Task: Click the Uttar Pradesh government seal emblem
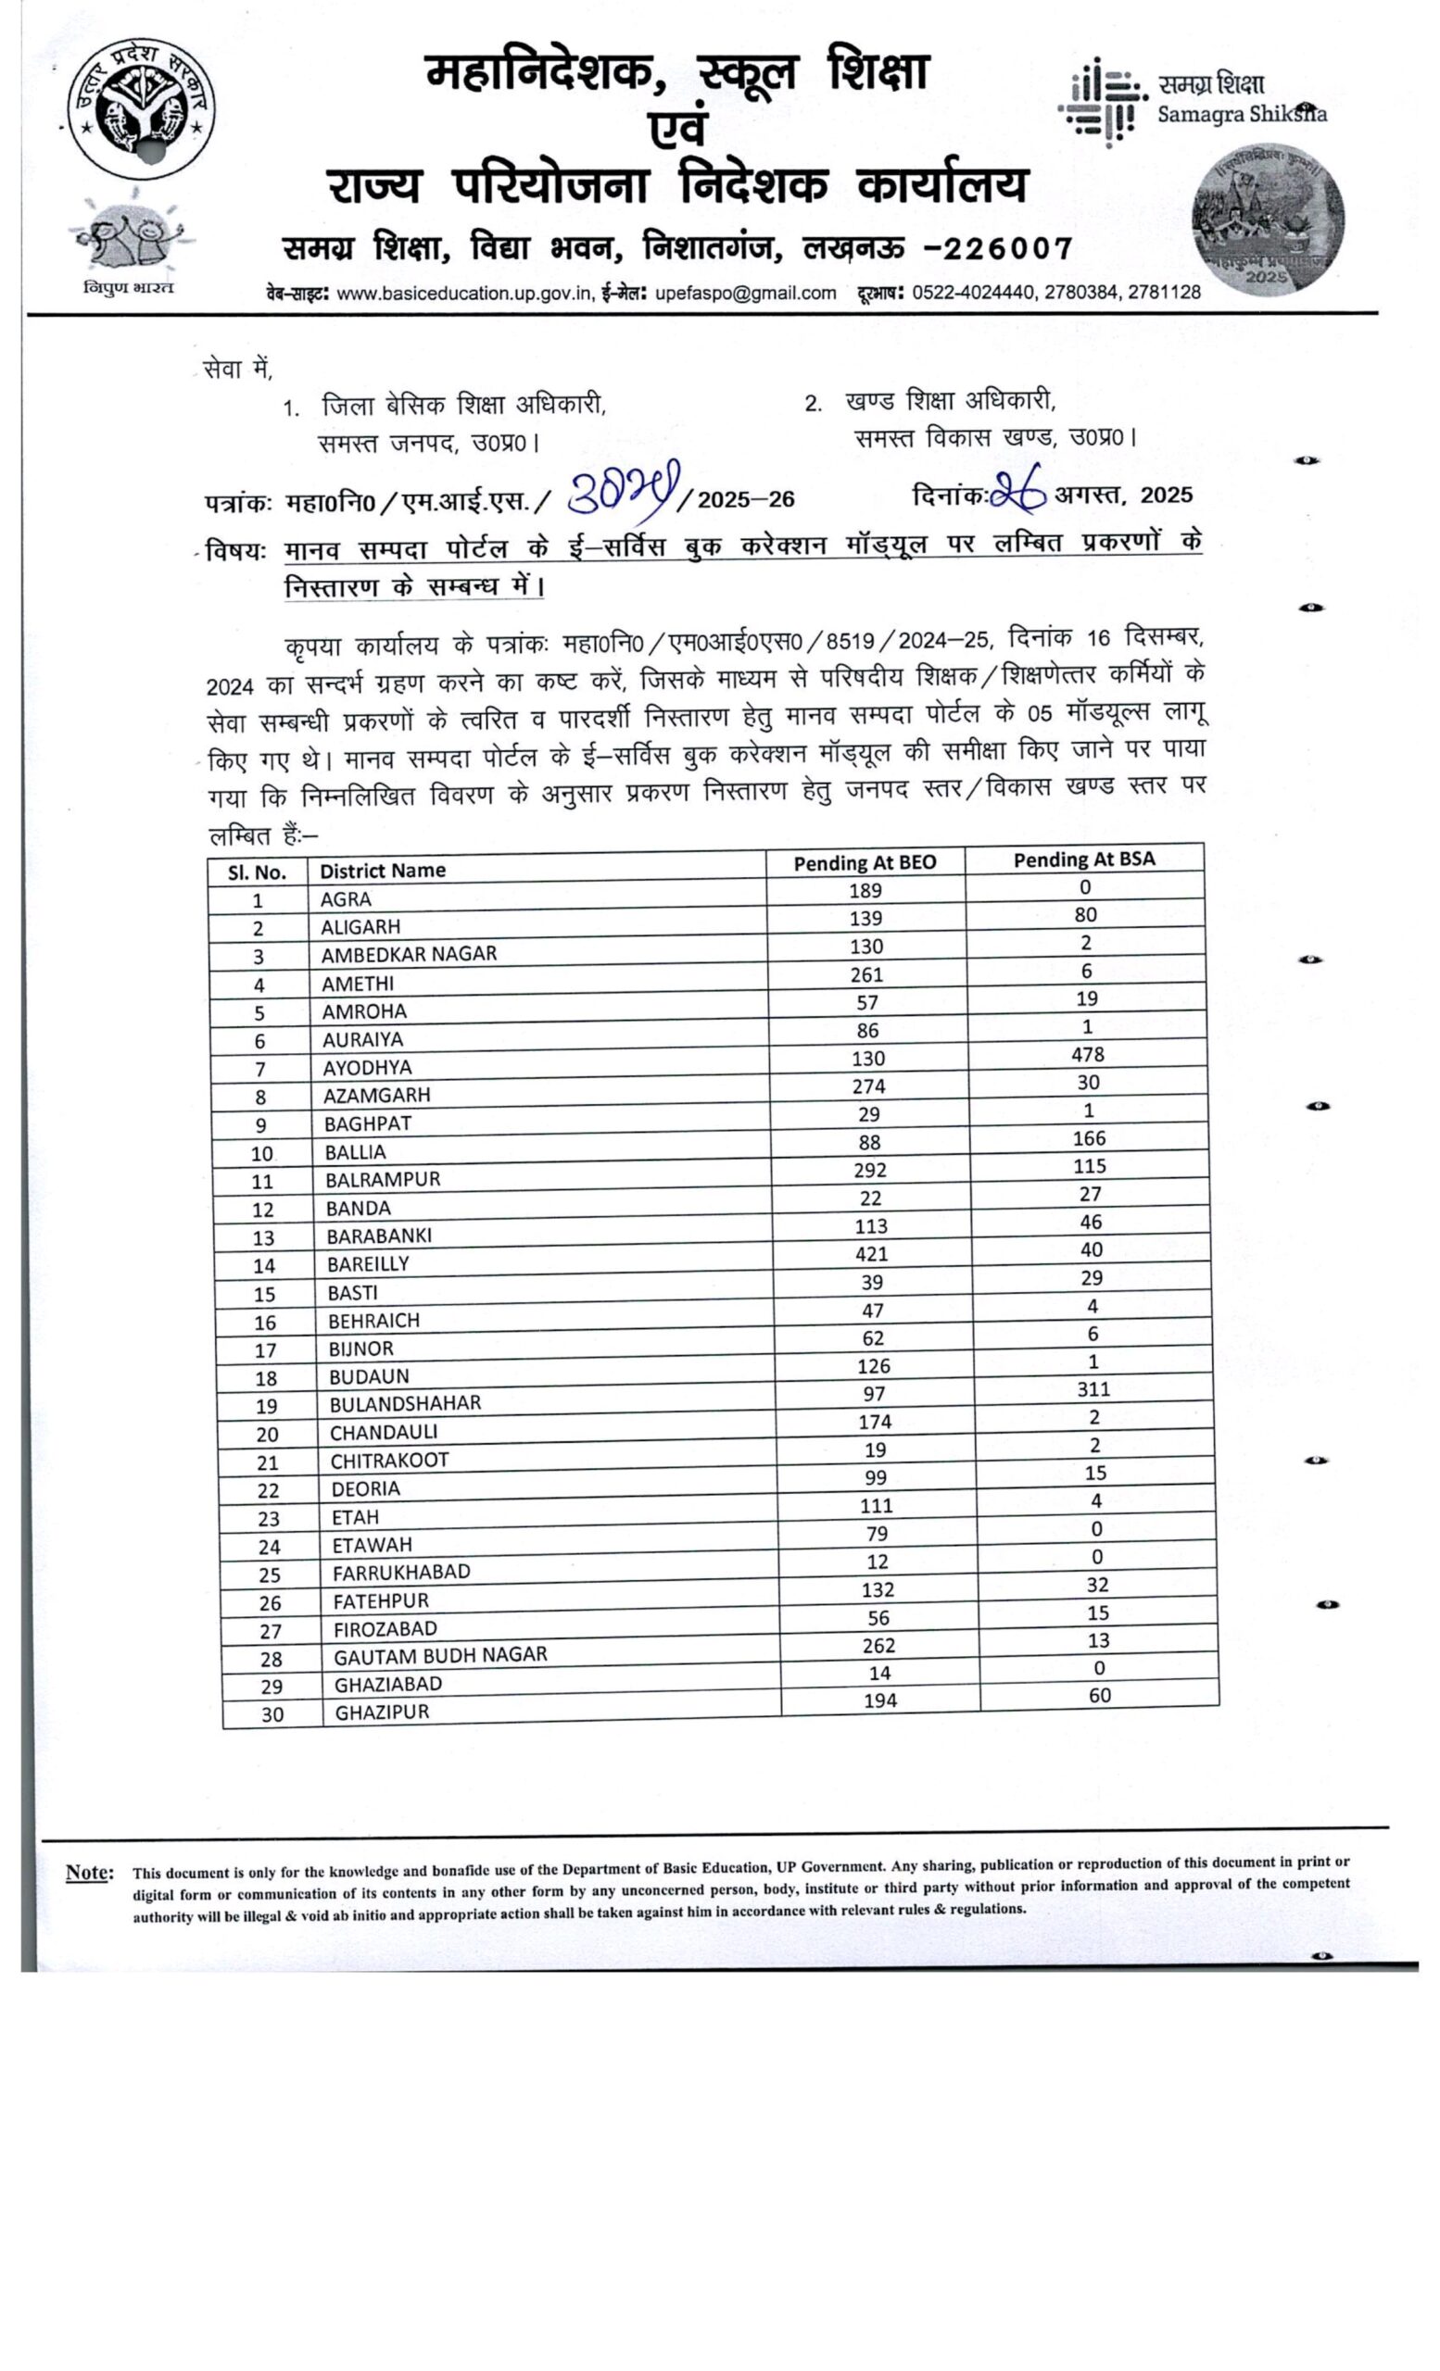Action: (x=141, y=107)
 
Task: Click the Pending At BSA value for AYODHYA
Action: (x=1087, y=1055)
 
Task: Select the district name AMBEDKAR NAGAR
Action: (x=408, y=955)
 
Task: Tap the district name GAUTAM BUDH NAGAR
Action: (x=440, y=1655)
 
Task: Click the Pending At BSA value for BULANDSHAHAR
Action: (x=1093, y=1389)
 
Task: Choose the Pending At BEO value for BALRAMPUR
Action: (x=868, y=1170)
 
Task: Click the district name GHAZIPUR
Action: (x=381, y=1712)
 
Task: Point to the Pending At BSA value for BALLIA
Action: (x=1089, y=1138)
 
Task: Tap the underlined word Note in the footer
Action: (x=89, y=1873)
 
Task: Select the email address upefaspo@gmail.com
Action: (x=745, y=294)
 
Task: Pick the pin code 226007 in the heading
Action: (x=1007, y=249)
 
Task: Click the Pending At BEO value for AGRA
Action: (x=865, y=891)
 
